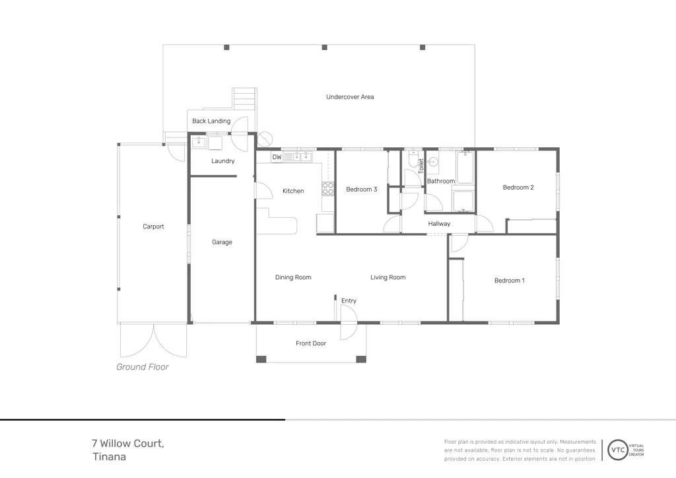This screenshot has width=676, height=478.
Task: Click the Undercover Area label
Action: pos(350,97)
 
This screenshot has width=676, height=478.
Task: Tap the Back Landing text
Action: pos(211,121)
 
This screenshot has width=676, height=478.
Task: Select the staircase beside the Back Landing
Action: pos(243,101)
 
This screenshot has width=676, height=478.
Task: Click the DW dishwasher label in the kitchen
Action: pos(277,158)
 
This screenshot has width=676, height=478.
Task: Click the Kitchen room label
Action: pos(293,191)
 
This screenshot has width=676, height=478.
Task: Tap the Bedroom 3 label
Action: pos(361,189)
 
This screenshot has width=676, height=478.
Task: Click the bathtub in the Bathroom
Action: pos(465,168)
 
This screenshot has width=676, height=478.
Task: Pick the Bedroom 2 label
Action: pos(518,188)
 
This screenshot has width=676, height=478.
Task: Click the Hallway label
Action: pos(439,224)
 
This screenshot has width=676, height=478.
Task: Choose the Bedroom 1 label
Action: pos(509,281)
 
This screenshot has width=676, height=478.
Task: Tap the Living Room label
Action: pos(388,277)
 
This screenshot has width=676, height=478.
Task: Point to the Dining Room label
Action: pos(293,277)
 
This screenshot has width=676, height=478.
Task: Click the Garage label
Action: pos(222,242)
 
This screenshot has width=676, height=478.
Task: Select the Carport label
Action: pos(153,226)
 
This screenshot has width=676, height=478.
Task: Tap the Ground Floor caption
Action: pos(143,367)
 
